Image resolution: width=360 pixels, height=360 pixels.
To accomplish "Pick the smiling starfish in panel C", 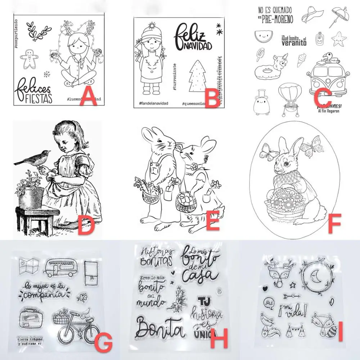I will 337,39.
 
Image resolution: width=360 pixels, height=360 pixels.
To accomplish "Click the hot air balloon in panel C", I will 288,94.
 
